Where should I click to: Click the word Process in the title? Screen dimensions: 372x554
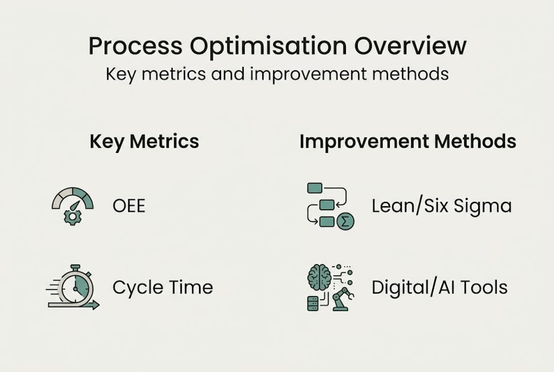pos(135,47)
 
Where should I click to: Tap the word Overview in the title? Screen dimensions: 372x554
pos(410,47)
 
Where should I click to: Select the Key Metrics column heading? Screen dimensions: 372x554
pos(144,142)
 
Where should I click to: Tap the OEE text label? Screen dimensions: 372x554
pos(129,206)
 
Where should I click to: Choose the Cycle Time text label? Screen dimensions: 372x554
pos(163,287)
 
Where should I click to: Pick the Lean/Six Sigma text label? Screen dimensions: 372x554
pos(441,206)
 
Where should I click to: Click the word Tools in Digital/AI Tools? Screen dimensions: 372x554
pos(484,287)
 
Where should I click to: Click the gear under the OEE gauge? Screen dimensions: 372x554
pos(72,217)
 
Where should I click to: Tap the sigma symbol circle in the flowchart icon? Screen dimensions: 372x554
pos(345,222)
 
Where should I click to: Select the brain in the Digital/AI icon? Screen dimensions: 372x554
pos(319,277)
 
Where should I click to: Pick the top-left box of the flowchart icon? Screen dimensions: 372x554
pos(314,188)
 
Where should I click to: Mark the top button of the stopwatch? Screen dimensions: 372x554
pos(75,268)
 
